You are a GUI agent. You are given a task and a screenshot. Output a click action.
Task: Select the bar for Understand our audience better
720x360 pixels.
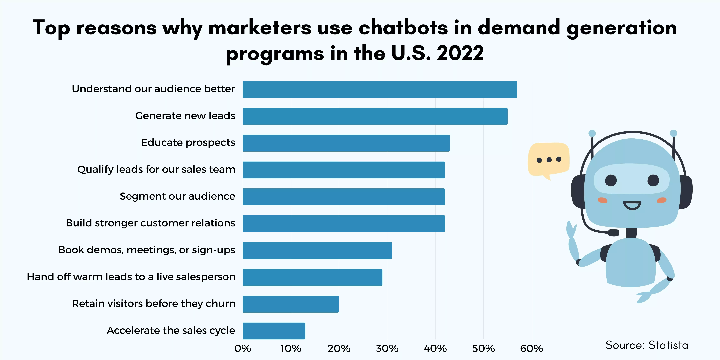380,89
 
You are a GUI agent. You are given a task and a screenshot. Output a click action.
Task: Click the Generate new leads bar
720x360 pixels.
375,116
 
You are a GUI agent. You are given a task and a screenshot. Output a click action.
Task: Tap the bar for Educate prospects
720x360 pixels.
346,143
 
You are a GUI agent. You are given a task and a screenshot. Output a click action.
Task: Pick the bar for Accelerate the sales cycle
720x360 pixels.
274,331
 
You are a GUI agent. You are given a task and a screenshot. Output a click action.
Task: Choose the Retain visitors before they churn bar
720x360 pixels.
291,304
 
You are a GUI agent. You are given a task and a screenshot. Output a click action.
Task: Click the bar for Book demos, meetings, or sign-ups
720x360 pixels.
317,250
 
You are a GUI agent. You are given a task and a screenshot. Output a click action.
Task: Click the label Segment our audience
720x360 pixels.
177,196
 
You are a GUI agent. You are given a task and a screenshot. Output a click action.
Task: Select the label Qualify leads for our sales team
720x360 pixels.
156,169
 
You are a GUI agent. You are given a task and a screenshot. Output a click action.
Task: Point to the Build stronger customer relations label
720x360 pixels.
150,223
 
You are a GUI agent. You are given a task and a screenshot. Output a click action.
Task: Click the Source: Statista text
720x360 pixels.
647,345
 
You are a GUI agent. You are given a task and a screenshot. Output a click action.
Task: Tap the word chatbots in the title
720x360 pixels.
403,28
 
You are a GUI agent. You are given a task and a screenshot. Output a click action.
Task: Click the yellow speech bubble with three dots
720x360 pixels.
548,159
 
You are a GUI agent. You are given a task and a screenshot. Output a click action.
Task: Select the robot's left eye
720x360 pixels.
611,180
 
